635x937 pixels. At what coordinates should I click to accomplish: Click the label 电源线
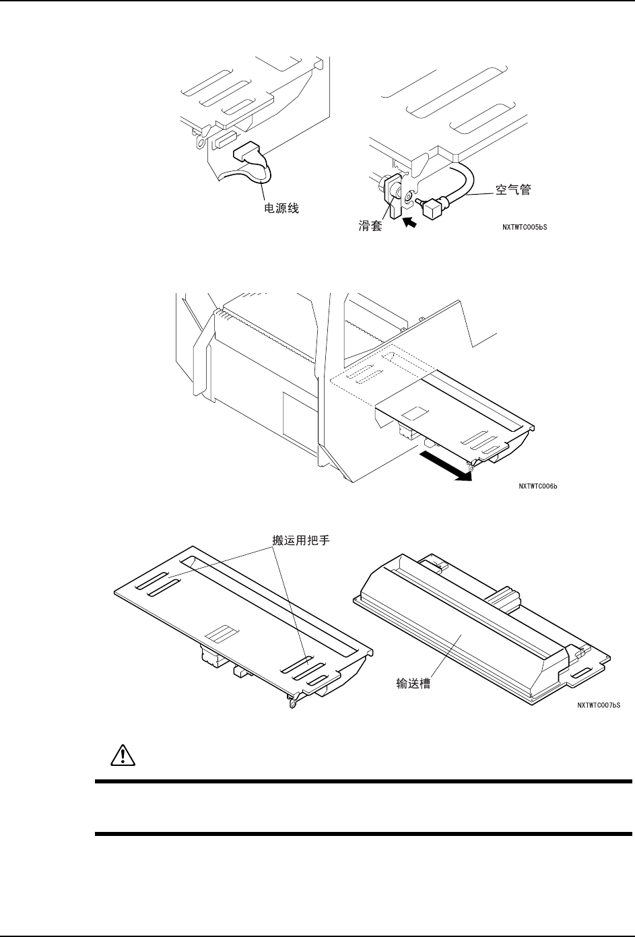click(280, 209)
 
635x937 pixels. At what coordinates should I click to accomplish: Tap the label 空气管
click(513, 191)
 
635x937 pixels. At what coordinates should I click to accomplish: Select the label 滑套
click(370, 226)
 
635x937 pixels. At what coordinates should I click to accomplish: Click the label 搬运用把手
click(297, 540)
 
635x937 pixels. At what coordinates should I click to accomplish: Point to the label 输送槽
click(413, 683)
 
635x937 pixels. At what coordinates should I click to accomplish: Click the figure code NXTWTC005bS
click(525, 228)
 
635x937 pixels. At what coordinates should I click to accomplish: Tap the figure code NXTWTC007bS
click(598, 705)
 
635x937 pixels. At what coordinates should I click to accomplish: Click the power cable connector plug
click(245, 154)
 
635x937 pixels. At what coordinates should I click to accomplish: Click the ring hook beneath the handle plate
click(294, 703)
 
